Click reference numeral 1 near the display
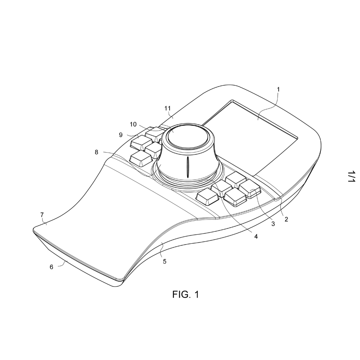[x=278, y=89]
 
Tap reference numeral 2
[x=286, y=219]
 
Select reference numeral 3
[x=273, y=224]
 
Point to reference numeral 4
[x=256, y=236]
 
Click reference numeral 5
[x=165, y=261]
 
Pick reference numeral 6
[x=51, y=267]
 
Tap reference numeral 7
[x=42, y=215]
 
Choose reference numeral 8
[x=96, y=152]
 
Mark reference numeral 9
[x=121, y=135]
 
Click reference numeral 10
[x=133, y=125]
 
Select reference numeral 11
[x=168, y=108]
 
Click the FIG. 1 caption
[x=185, y=294]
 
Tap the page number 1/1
[x=351, y=176]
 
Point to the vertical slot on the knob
[x=188, y=167]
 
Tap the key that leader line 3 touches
[x=250, y=189]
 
